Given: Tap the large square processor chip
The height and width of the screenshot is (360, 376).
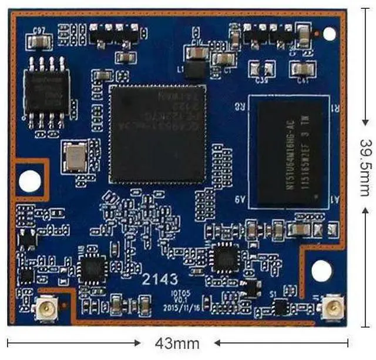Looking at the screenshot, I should pyautogui.click(x=157, y=133).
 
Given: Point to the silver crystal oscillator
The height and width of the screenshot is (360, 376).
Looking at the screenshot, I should pyautogui.click(x=75, y=156).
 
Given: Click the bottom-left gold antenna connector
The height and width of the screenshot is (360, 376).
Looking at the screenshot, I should pyautogui.click(x=44, y=308).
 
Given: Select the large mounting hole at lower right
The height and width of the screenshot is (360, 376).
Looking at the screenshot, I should pyautogui.click(x=321, y=271).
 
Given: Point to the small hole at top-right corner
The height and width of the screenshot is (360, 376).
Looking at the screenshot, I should pyautogui.click(x=330, y=34).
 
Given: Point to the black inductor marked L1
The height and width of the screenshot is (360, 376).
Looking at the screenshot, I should pyautogui.click(x=196, y=70).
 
